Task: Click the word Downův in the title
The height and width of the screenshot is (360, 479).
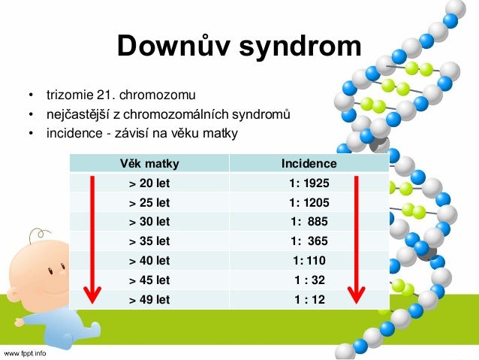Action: (x=173, y=48)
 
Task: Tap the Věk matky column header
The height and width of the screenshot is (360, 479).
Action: (x=149, y=164)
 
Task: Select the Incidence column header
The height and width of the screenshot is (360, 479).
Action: (x=309, y=164)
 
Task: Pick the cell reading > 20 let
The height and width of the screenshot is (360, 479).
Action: (x=149, y=183)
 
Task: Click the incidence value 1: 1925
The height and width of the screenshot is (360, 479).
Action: (x=309, y=183)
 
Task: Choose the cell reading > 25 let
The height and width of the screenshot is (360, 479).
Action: (x=149, y=203)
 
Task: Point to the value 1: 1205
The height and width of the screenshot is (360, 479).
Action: (x=309, y=203)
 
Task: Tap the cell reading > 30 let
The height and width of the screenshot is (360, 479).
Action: (x=149, y=222)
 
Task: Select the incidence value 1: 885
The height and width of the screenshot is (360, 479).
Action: (x=309, y=222)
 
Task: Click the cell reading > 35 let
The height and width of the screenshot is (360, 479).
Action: (x=149, y=242)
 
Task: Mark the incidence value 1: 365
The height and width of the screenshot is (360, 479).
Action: (x=309, y=242)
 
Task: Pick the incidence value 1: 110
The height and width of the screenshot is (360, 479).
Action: (x=309, y=262)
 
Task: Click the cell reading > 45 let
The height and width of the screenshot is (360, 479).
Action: (x=149, y=280)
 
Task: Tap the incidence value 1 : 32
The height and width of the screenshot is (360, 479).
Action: (x=309, y=280)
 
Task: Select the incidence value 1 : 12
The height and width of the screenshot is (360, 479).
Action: (x=309, y=300)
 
